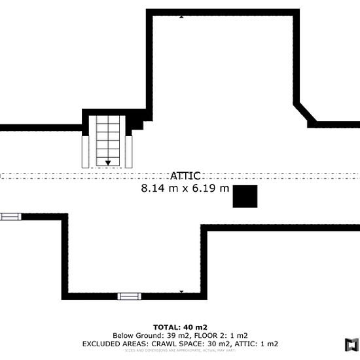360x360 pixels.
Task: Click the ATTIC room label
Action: coord(185,175)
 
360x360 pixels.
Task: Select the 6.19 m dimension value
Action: coord(210,189)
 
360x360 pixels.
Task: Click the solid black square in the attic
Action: coord(245,196)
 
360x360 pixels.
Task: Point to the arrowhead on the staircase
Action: coord(108,162)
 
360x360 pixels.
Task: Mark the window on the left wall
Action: coord(10,217)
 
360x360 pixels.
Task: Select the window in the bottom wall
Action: coord(129,296)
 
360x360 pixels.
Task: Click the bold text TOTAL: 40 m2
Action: coord(180,327)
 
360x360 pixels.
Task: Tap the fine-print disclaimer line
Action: coord(180,351)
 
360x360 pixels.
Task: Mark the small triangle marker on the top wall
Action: coord(181,16)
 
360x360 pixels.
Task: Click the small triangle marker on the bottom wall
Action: coord(181,291)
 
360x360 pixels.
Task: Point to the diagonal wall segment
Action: coord(304,112)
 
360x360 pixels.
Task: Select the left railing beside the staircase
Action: coord(84,151)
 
